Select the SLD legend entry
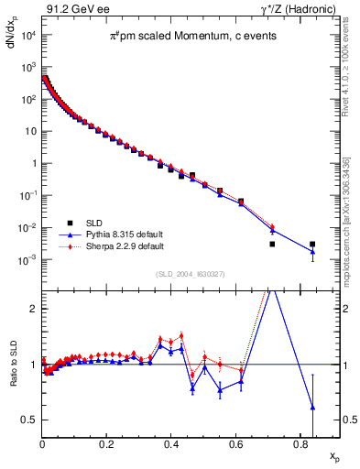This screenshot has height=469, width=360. [x=94, y=223]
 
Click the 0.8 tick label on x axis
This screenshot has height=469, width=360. [x=300, y=448]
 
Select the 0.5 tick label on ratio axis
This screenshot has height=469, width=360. [x=29, y=420]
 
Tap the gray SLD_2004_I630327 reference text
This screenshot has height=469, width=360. [x=187, y=274]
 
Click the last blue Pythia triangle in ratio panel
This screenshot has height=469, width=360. [x=312, y=407]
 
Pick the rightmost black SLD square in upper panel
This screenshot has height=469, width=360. [x=312, y=245]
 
